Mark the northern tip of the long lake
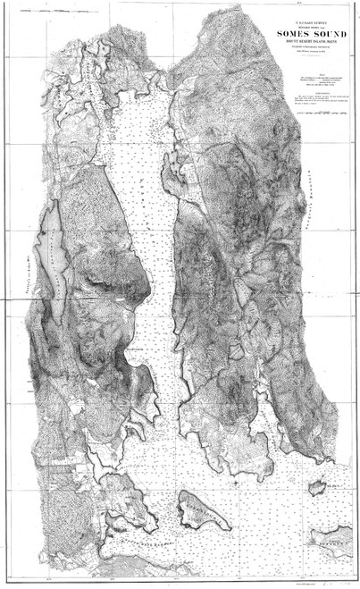point(54,204)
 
